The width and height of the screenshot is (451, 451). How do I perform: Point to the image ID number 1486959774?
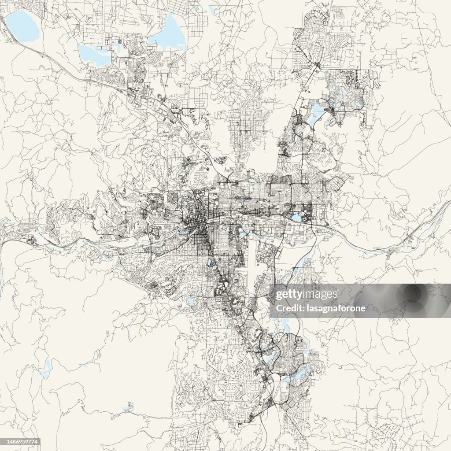pos(21,442)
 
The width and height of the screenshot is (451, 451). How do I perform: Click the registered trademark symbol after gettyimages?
pos(339,291)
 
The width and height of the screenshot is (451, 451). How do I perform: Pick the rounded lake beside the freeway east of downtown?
pos(296,217)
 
